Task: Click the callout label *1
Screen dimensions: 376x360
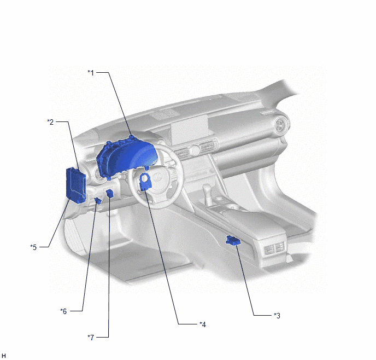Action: (91, 72)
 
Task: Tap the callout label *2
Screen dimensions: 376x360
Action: (50, 122)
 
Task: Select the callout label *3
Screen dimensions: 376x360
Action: (277, 316)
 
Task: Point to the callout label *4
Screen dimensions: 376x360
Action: (203, 324)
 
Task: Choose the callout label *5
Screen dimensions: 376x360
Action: (33, 247)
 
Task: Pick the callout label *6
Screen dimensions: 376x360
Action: (63, 311)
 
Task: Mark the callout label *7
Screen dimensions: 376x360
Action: (91, 338)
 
